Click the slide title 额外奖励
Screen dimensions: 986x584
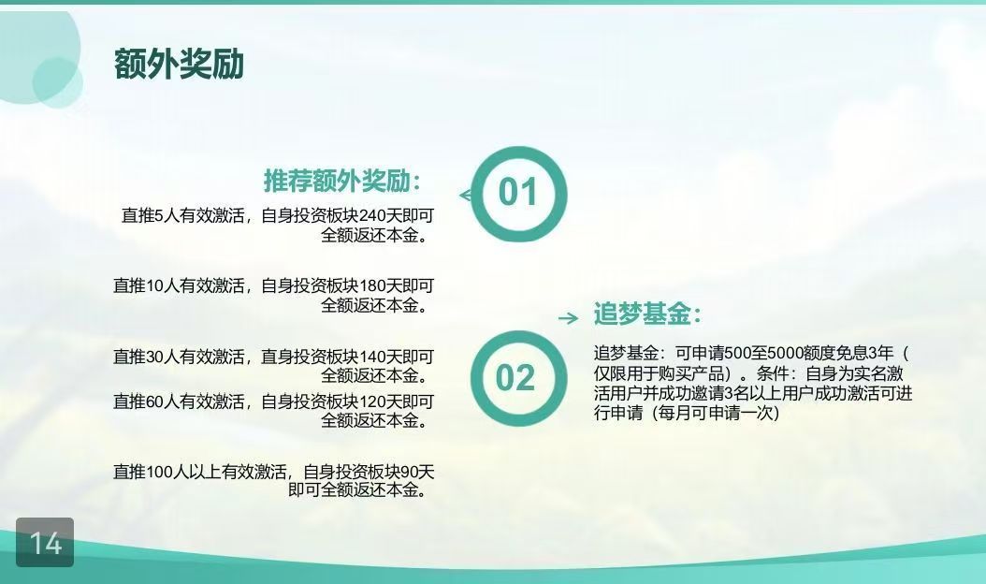pyautogui.click(x=179, y=65)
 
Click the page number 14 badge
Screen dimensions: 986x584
pyautogui.click(x=45, y=543)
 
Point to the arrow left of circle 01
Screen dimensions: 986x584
pyautogui.click(x=466, y=195)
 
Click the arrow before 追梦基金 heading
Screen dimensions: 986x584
pyautogui.click(x=569, y=318)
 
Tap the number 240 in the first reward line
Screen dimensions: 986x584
pyautogui.click(x=372, y=216)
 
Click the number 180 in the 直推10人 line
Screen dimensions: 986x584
pyautogui.click(x=372, y=285)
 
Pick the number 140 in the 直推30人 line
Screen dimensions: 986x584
pyautogui.click(x=372, y=357)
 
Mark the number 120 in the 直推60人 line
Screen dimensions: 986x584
pyautogui.click(x=372, y=401)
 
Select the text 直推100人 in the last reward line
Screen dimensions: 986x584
pyautogui.click(x=151, y=472)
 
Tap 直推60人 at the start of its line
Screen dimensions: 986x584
pyautogui.click(x=147, y=401)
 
